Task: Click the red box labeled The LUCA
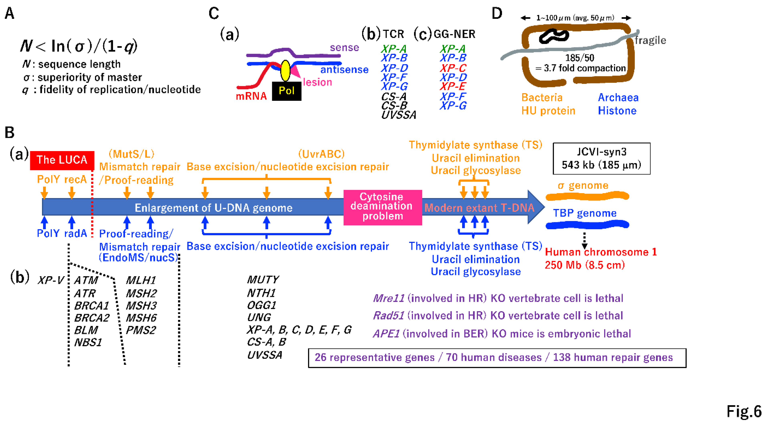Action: tap(62, 160)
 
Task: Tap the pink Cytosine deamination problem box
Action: tap(382, 207)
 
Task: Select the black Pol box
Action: tap(286, 91)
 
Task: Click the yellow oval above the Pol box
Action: tap(285, 71)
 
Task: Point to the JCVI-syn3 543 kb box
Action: tap(601, 158)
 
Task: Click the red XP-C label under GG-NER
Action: tap(453, 68)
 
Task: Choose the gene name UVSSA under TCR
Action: tap(398, 115)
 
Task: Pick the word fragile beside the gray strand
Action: tap(650, 40)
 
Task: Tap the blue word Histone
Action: tap(617, 111)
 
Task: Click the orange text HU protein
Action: tap(548, 111)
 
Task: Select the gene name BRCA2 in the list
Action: tap(92, 318)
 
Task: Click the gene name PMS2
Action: tap(141, 330)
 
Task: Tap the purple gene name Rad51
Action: tap(388, 316)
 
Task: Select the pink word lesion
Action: tap(317, 82)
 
